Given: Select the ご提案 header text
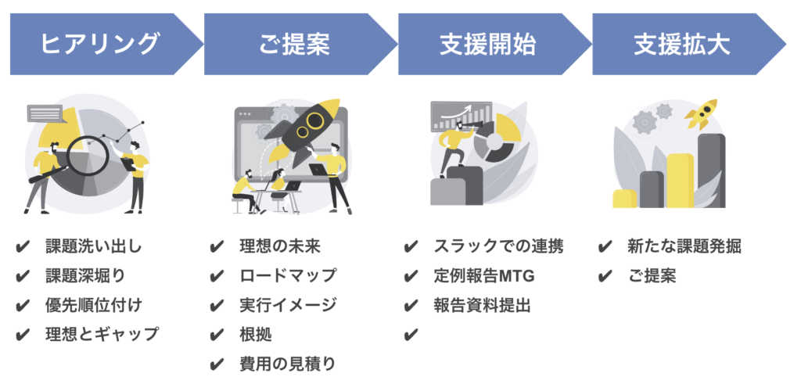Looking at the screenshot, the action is [x=294, y=45].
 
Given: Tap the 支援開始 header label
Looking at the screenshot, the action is [x=488, y=45].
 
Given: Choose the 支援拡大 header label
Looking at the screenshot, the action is [x=682, y=45].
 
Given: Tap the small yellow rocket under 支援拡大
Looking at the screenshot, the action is [x=701, y=113].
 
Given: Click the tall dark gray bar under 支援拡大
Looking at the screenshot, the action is [x=711, y=170].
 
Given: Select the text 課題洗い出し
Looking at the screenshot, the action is [x=94, y=246].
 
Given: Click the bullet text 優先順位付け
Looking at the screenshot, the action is [x=94, y=305].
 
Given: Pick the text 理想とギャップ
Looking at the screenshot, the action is [x=102, y=335].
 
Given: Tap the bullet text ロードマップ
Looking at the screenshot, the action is [x=288, y=276].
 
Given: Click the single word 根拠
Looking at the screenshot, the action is [x=256, y=335].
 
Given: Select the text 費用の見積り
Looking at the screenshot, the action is [x=288, y=364].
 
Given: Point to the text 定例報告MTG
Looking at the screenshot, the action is [x=483, y=276].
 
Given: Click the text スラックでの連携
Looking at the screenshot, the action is [x=498, y=246].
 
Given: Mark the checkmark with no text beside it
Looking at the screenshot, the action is [x=411, y=335].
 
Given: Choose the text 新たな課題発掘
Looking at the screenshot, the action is [x=684, y=246].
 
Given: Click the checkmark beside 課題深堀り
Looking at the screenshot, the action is [x=23, y=276].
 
